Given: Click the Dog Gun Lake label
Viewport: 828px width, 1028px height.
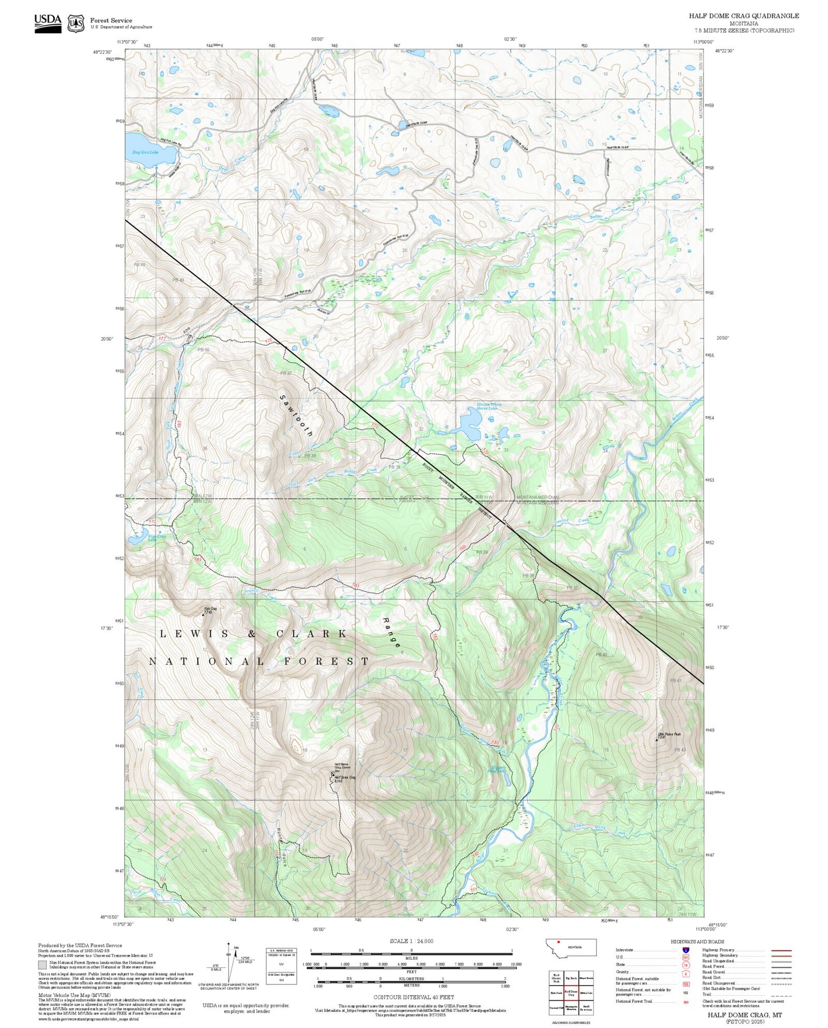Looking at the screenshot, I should [145, 152].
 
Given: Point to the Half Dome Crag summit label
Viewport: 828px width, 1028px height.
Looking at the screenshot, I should [344, 778].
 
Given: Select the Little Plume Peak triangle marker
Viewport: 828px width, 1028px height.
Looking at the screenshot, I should [657, 740].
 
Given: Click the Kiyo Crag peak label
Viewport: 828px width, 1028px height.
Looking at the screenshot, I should [210, 610].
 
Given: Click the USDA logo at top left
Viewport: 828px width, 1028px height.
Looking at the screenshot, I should [48, 23].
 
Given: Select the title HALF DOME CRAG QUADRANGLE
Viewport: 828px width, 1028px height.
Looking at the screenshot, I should [743, 16].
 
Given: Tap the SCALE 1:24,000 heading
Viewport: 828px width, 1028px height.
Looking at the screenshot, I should [411, 941].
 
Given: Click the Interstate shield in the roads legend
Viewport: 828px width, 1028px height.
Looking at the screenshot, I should [678, 949].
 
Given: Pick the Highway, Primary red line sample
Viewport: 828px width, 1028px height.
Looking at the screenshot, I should [781, 950].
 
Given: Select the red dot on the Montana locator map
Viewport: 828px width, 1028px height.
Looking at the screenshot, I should [558, 941].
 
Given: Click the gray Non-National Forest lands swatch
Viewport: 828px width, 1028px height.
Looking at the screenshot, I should [42, 965].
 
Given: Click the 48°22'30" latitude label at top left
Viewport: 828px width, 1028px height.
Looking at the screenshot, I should [103, 51].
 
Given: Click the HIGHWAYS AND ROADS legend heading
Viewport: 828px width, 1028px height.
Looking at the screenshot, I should [697, 941].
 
